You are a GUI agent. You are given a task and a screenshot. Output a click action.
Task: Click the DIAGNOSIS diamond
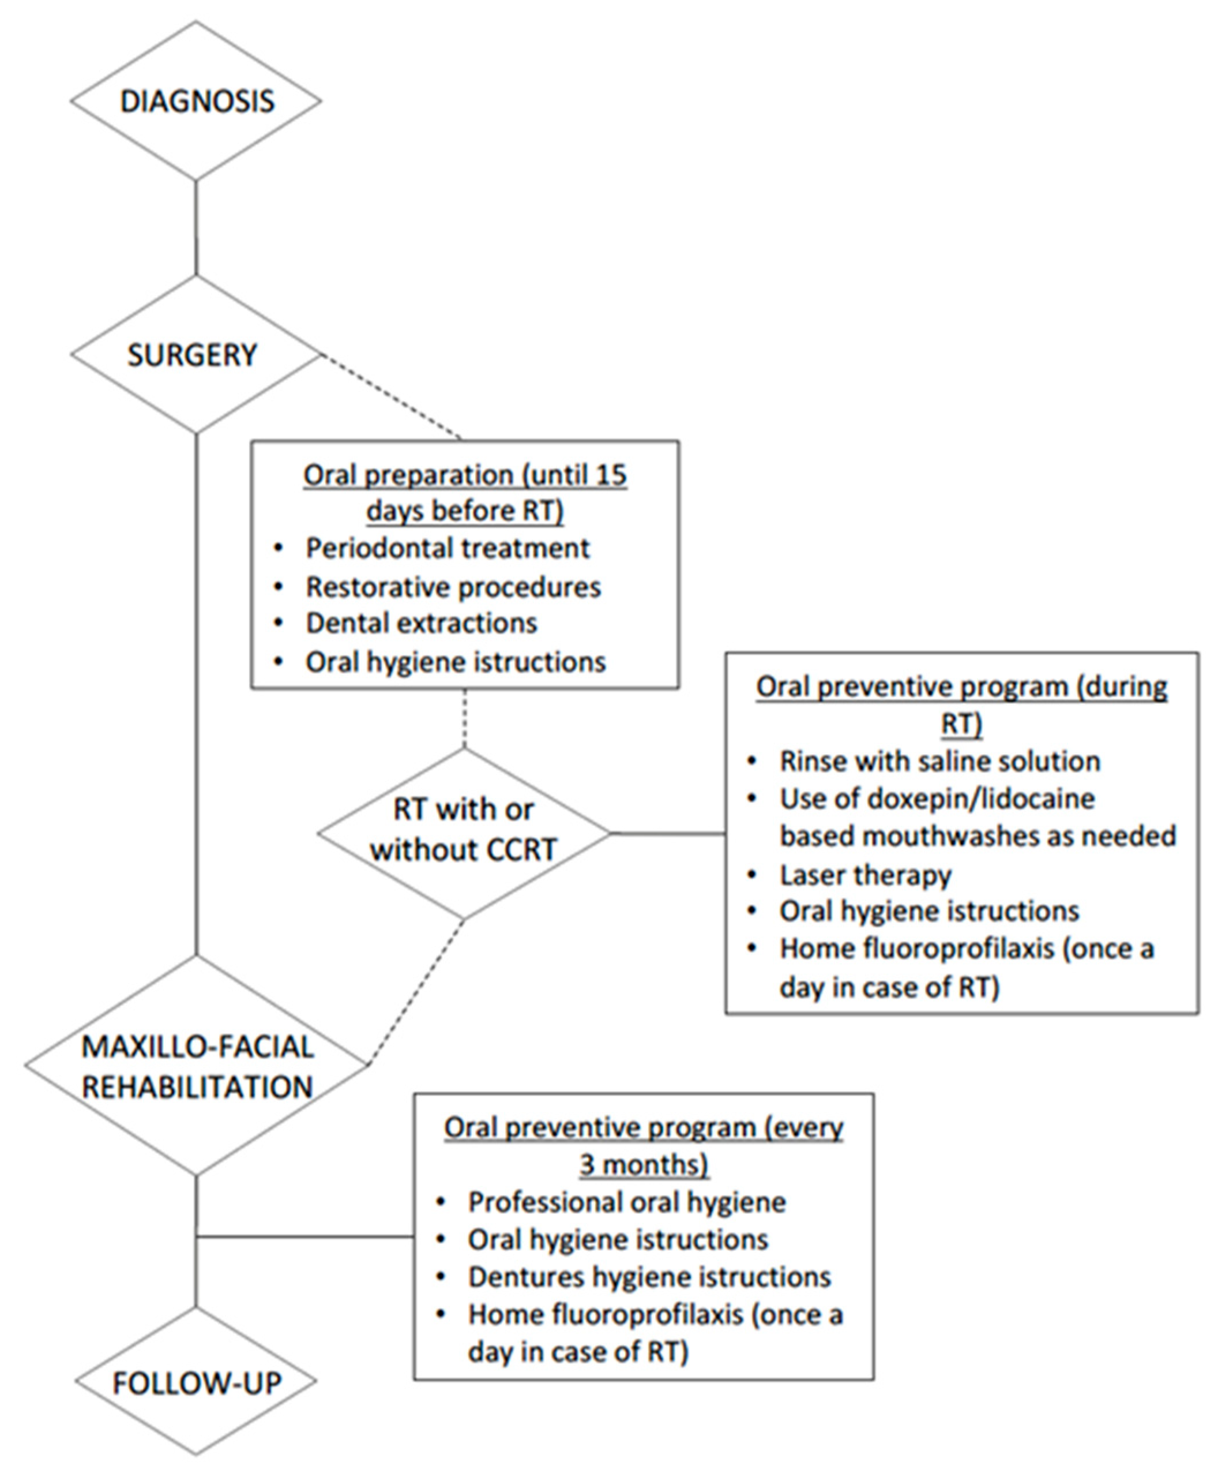(x=196, y=101)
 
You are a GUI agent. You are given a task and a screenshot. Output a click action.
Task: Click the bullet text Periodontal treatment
(x=448, y=548)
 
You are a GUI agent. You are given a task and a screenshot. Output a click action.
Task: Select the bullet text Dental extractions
(x=421, y=623)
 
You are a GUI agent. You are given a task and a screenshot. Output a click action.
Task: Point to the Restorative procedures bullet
(x=453, y=586)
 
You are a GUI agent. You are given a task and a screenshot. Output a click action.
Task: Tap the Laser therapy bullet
(x=865, y=875)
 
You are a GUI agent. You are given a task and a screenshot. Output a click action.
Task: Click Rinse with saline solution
(x=939, y=761)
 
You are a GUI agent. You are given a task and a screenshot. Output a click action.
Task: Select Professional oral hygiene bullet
(x=627, y=1202)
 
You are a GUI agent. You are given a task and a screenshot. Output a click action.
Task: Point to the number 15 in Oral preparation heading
(x=610, y=475)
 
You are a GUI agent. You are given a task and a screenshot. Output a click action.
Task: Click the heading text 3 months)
(x=644, y=1164)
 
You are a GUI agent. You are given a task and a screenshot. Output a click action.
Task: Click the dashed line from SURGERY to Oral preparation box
(x=391, y=397)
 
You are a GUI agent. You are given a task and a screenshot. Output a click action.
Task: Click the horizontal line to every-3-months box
(x=305, y=1236)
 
